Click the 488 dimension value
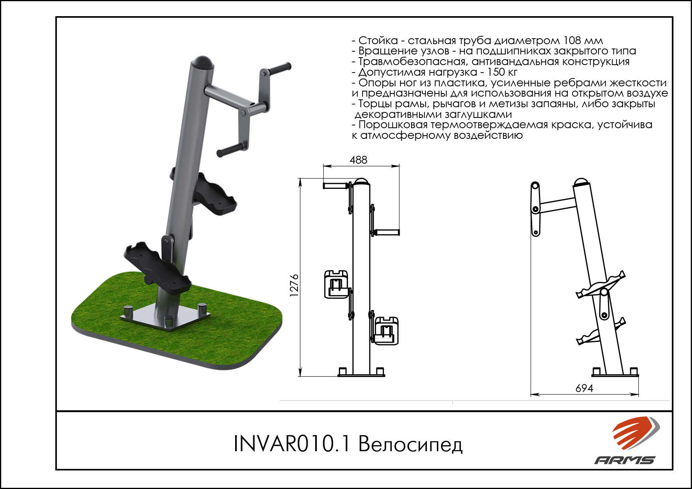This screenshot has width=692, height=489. click(358, 160)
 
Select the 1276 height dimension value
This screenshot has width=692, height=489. click(294, 285)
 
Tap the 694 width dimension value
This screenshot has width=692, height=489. click(584, 388)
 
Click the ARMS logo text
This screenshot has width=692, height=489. click(625, 460)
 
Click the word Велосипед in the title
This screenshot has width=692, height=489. click(410, 444)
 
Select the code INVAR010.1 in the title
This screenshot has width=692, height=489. click(292, 443)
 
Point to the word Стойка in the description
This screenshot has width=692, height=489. click(378, 40)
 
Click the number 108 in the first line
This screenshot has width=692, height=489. click(572, 40)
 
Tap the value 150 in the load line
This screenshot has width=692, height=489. click(496, 72)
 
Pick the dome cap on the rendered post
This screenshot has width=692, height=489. click(202, 62)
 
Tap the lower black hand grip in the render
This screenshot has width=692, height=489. click(231, 150)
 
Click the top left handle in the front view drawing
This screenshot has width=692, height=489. click(336, 185)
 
